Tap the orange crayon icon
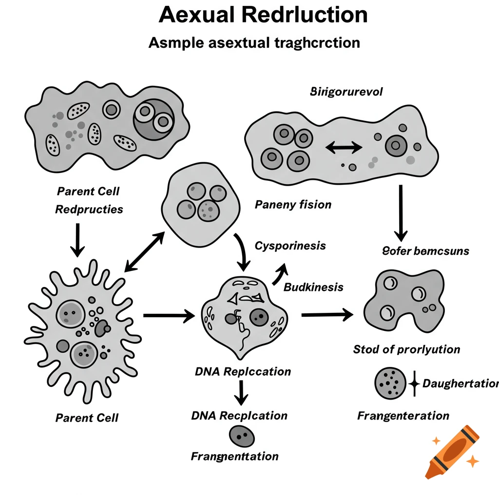tap(451, 451)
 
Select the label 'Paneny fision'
tap(293, 204)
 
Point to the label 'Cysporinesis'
tap(290, 246)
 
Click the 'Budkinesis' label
tap(313, 287)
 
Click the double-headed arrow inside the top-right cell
tap(344, 146)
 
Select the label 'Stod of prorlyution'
tap(406, 349)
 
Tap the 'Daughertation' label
tap(460, 384)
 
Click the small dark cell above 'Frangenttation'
tap(242, 435)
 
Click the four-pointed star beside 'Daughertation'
tap(414, 384)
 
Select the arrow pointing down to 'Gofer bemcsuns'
tap(401, 213)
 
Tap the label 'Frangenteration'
tap(403, 416)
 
